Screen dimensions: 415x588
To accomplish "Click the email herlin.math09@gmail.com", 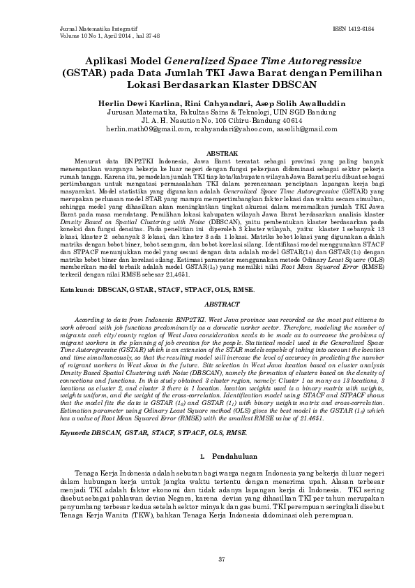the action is pyautogui.click(x=149, y=129).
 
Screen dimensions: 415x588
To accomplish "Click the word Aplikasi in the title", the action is pyautogui.click(x=115, y=61).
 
